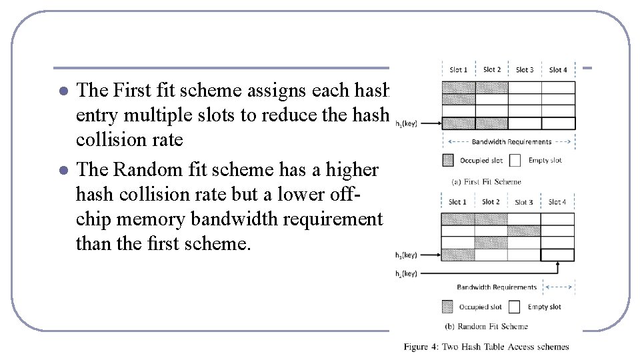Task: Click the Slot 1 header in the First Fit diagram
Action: [x=458, y=69]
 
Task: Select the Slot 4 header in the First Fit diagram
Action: [x=558, y=69]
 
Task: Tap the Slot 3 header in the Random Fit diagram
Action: [x=524, y=202]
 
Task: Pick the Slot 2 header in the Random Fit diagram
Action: [x=491, y=201]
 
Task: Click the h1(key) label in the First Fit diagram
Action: [x=407, y=123]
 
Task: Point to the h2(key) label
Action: [x=406, y=273]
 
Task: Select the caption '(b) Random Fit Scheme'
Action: [x=486, y=326]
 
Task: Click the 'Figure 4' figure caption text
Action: [x=486, y=347]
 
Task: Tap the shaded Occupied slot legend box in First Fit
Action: [x=447, y=160]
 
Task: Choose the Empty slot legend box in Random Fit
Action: [x=514, y=307]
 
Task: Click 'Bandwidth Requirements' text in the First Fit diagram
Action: [x=511, y=141]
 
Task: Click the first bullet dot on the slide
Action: [x=63, y=91]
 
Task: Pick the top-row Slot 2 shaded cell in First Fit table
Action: [x=492, y=87]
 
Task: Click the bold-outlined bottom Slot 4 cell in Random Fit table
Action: [x=558, y=255]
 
